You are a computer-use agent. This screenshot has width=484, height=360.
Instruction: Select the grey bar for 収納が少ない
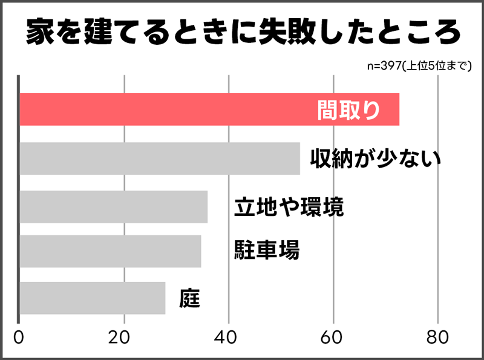(160, 159)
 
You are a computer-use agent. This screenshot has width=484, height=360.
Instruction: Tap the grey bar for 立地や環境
(114, 207)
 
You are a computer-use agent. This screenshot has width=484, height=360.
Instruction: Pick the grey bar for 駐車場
(111, 251)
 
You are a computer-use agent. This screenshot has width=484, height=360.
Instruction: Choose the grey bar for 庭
(93, 298)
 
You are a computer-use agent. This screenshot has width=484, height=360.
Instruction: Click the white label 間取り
(349, 110)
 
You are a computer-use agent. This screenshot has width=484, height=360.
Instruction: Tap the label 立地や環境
(289, 207)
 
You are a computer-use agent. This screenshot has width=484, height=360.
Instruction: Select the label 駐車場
(267, 250)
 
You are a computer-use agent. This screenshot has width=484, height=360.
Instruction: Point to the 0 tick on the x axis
(19, 338)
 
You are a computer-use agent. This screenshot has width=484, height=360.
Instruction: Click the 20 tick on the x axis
(124, 338)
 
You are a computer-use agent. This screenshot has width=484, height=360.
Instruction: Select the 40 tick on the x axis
(229, 338)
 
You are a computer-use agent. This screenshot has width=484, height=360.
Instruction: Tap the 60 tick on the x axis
(333, 338)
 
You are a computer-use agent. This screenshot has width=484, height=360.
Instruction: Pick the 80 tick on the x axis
(437, 338)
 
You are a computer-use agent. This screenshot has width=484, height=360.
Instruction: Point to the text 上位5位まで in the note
(437, 66)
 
